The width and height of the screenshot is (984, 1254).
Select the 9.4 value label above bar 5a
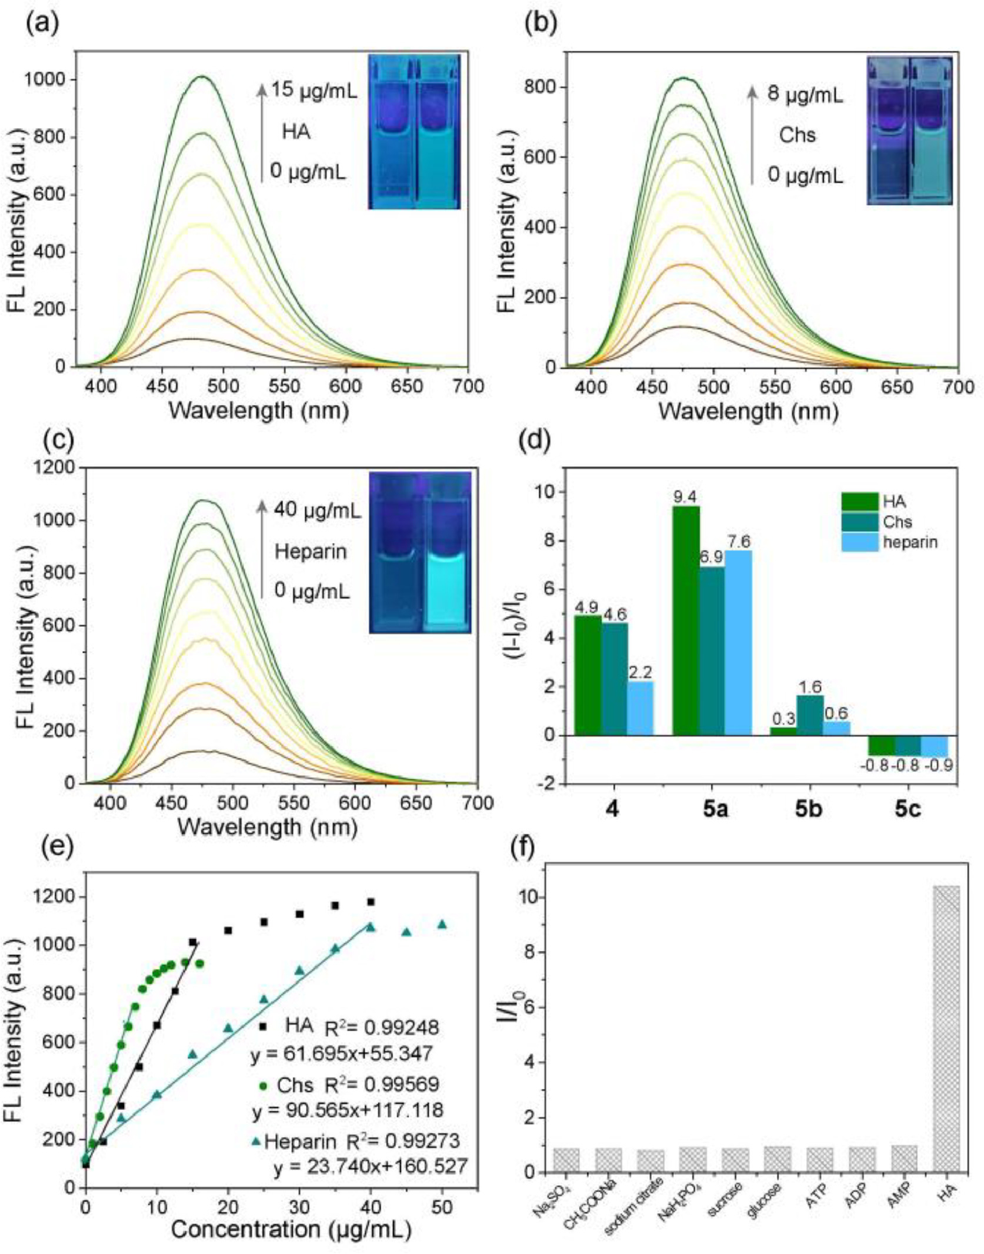685,498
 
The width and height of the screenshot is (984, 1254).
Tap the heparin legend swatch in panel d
859,542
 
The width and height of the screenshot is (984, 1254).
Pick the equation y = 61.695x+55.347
342,1052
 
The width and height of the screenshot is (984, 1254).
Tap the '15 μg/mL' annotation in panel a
314,91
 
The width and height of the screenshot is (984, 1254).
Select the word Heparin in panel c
311,552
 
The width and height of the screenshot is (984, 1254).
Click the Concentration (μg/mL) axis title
291,1229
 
